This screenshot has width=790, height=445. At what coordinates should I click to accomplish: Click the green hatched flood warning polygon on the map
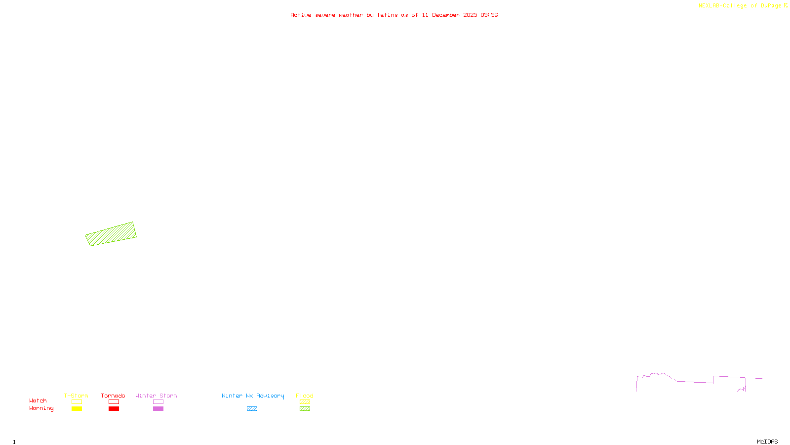[111, 234]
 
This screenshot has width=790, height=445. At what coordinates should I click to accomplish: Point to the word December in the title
[445, 15]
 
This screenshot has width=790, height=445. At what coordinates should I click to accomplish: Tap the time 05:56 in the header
[489, 15]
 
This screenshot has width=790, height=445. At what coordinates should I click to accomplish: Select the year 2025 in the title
[470, 15]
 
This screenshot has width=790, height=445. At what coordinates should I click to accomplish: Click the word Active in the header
[301, 15]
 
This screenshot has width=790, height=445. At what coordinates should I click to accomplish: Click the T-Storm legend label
[76, 396]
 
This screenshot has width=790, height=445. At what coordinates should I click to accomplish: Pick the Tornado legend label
[113, 396]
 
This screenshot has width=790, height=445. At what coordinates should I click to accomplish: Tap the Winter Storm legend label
[156, 396]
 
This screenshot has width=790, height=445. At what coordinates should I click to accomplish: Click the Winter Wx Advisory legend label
[253, 396]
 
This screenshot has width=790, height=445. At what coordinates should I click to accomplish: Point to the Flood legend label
[305, 396]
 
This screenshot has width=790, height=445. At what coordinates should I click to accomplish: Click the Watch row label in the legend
[38, 400]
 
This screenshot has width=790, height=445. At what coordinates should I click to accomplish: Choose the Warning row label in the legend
[41, 408]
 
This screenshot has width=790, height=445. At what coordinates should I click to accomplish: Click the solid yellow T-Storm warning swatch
[77, 409]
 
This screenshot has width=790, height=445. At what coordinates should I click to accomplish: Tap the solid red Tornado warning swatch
[114, 409]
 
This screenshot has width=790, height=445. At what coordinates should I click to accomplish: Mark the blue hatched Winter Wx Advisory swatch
[252, 409]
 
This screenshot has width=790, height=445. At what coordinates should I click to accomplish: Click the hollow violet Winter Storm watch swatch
[158, 402]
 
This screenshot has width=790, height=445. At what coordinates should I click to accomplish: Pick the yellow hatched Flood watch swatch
[305, 402]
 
